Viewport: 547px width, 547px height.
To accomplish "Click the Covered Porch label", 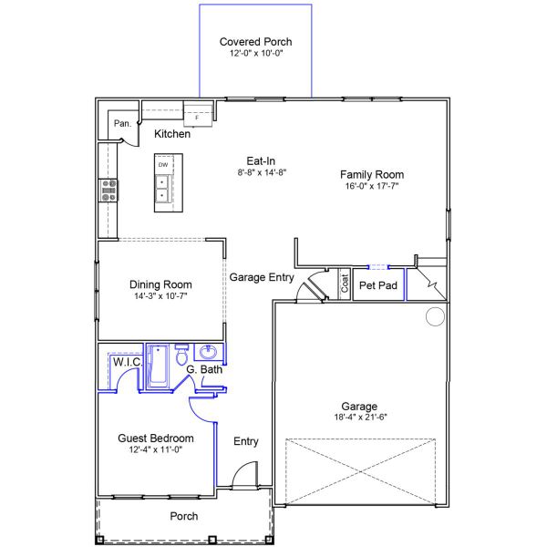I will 256,42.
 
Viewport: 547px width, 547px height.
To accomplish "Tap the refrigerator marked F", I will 198,116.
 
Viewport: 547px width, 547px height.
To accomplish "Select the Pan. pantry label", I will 121,123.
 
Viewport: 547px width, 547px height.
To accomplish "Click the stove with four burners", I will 108,190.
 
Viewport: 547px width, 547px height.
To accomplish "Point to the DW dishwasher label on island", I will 163,165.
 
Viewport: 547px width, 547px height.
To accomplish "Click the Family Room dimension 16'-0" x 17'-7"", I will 372,186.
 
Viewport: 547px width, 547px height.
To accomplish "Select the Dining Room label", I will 160,284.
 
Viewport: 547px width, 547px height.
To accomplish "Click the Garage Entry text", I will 261,277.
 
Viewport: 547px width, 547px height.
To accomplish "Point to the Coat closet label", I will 345,284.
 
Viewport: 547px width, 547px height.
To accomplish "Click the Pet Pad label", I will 377,285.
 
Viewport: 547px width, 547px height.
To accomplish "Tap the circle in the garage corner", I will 435,316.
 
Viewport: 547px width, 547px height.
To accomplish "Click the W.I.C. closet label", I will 127,362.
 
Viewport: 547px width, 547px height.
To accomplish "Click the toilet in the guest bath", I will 181,356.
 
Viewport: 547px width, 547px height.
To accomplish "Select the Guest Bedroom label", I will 156,439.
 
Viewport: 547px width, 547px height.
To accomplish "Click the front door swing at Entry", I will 243,477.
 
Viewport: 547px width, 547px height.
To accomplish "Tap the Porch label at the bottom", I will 184,516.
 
